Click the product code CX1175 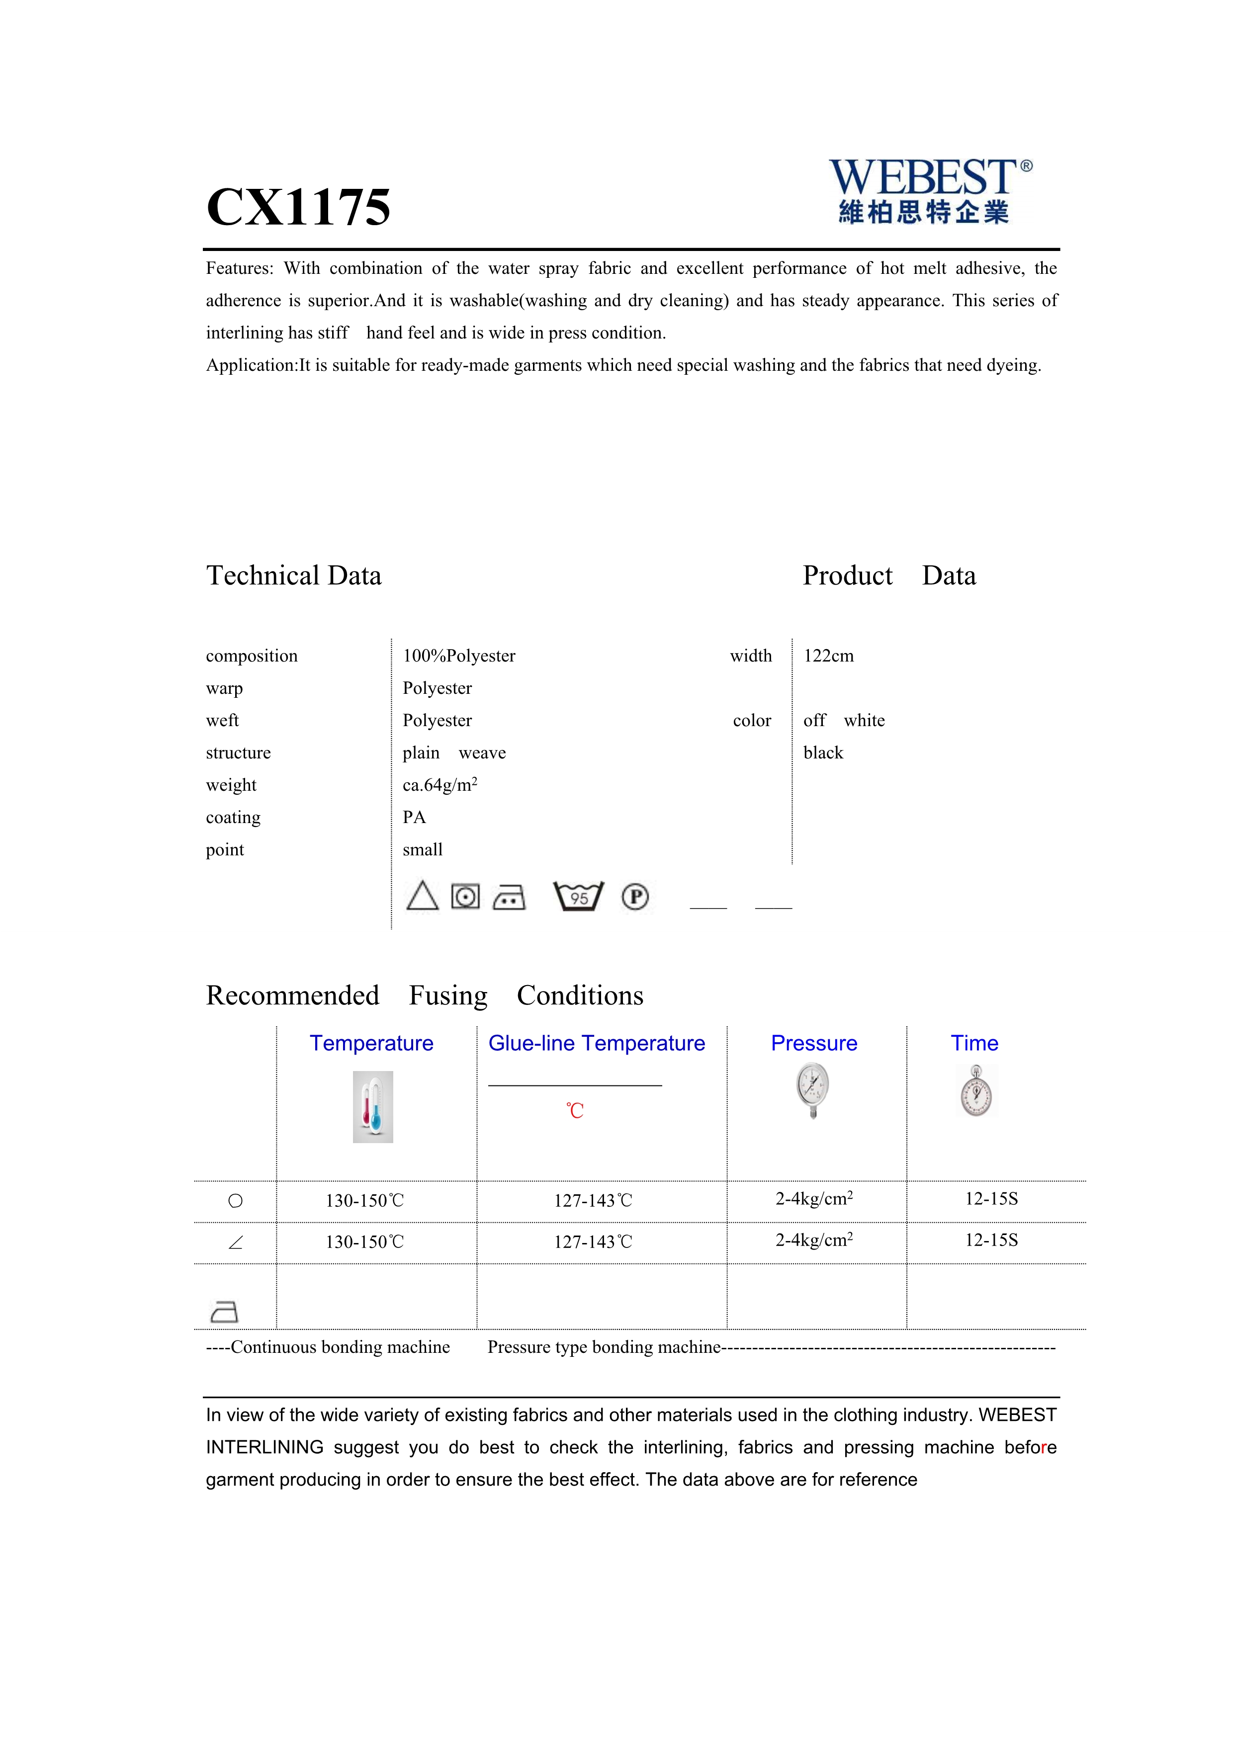point(298,206)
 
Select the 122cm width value point(828,656)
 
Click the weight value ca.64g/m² point(440,785)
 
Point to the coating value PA point(415,818)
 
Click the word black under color point(823,753)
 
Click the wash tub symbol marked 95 point(579,897)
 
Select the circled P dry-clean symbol point(635,897)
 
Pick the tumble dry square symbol point(465,897)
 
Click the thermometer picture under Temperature point(373,1107)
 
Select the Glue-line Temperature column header point(596,1043)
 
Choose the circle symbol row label point(235,1201)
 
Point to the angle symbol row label point(235,1243)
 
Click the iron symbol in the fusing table point(224,1311)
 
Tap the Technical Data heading point(294,576)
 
